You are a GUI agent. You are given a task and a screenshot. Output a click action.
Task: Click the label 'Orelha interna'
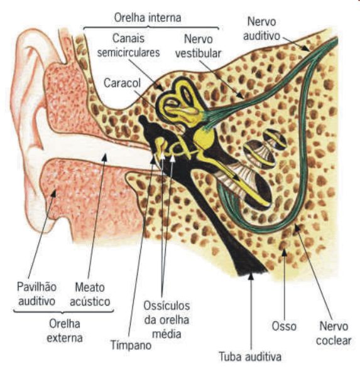click(x=148, y=18)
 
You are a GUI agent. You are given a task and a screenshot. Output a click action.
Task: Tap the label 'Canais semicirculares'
click(x=129, y=45)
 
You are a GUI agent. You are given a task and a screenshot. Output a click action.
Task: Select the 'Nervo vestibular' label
click(x=198, y=46)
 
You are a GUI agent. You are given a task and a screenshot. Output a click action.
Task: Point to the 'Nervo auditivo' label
click(x=261, y=29)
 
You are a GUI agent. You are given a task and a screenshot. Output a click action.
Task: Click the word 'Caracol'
click(x=122, y=83)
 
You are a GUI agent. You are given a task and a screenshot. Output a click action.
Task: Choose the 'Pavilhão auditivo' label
click(x=36, y=294)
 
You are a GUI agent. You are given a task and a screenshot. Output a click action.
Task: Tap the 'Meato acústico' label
click(x=90, y=294)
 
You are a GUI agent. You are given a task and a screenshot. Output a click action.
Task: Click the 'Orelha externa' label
click(x=65, y=331)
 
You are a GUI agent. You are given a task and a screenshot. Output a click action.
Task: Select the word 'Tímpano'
click(x=131, y=345)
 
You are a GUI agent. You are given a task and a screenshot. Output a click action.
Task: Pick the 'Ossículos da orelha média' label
click(x=166, y=320)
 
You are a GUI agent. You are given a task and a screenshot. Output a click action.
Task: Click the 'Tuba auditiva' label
click(x=250, y=356)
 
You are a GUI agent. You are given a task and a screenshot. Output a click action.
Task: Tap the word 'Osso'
click(x=284, y=326)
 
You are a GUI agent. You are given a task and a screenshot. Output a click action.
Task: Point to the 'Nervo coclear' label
click(x=334, y=333)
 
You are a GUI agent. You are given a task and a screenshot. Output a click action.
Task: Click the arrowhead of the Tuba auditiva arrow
click(x=251, y=275)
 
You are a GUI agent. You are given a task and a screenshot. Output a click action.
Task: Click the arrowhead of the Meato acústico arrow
click(x=104, y=157)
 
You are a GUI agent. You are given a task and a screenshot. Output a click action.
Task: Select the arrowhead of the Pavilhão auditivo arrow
click(x=54, y=193)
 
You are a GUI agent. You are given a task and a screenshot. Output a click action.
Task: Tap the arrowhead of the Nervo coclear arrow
click(x=297, y=228)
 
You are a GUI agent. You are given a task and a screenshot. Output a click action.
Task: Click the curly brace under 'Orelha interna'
click(x=151, y=28)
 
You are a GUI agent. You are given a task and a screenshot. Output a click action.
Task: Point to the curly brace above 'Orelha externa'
click(x=63, y=311)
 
